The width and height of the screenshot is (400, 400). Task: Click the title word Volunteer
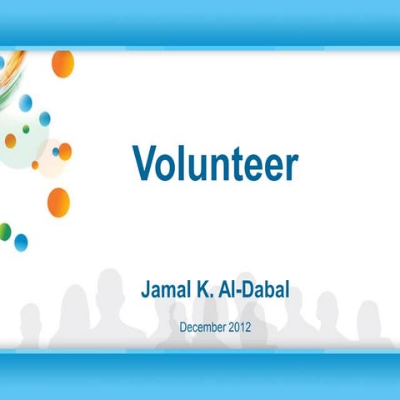[x=215, y=164]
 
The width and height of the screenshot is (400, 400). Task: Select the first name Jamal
[x=169, y=292]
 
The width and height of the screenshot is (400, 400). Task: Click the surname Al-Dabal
[x=257, y=292]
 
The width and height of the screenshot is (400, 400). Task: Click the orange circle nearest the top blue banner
[x=62, y=62]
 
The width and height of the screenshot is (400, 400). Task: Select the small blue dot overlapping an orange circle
[x=56, y=152]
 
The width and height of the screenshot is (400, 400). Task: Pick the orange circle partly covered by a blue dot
[x=64, y=152]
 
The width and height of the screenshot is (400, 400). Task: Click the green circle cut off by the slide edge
[x=4, y=232]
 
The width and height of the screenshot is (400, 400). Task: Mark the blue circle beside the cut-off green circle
[x=21, y=242]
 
